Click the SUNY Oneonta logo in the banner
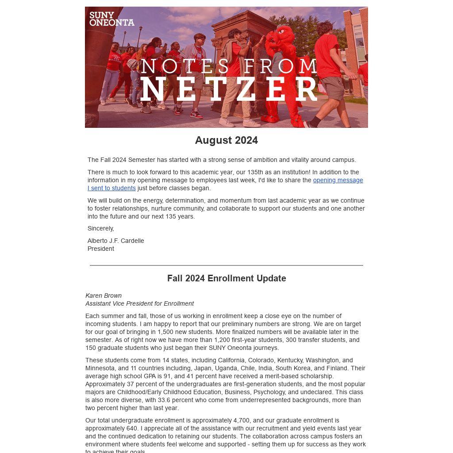(111, 19)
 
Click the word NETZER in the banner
(229, 90)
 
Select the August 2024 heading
(226, 140)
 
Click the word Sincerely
(101, 229)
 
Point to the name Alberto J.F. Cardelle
(116, 241)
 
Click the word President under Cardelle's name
(101, 249)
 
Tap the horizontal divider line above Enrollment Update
(226, 265)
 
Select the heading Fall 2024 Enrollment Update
(226, 278)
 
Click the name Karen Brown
(104, 296)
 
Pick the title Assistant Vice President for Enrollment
(139, 304)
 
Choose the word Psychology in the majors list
(268, 392)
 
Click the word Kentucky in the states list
(290, 361)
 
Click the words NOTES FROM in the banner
(229, 66)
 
